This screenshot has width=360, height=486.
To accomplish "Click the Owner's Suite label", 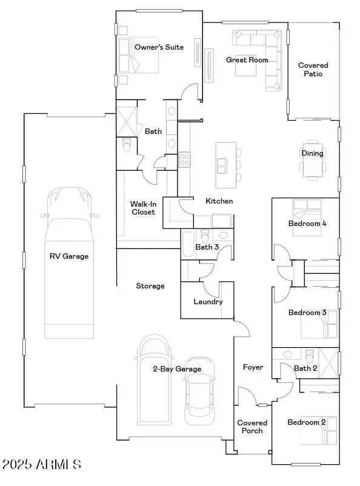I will point(158,47).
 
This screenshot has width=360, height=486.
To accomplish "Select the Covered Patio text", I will point(313,70).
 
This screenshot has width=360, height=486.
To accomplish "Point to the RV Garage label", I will point(68,256).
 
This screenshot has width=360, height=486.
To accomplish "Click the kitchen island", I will point(225,165).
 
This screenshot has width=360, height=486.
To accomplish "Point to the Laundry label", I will point(208,302).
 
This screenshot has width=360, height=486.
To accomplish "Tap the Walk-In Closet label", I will point(142,208).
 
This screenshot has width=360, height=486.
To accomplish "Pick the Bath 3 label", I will point(207,247).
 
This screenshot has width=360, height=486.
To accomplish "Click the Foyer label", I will point(253,367).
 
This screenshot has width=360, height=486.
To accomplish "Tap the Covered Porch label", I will point(252,427).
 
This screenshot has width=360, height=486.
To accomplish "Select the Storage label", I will point(150,286).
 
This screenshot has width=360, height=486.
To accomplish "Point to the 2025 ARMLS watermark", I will point(41,465).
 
